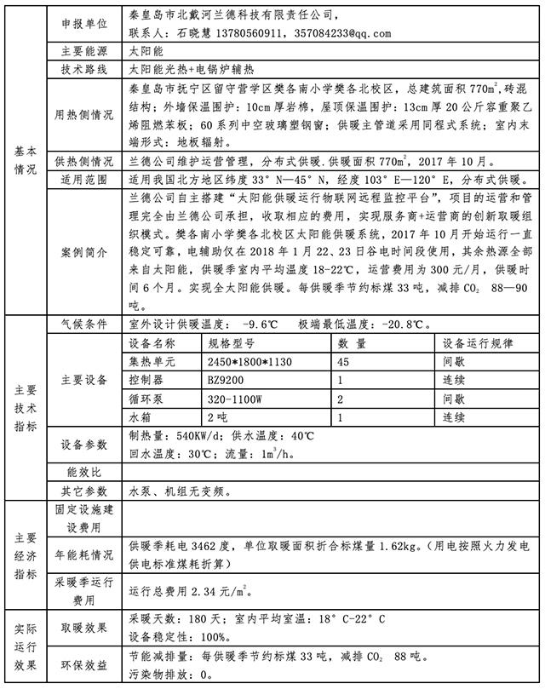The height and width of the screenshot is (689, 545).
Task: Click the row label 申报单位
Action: click(x=83, y=17)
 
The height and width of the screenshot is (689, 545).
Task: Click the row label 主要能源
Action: click(x=83, y=52)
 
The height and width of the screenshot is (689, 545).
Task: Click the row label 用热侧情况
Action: click(x=83, y=115)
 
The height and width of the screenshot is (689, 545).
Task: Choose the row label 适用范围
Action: click(x=83, y=180)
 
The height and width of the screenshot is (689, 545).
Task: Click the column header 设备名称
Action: click(x=152, y=342)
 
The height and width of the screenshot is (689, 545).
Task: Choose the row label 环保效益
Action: click(x=83, y=665)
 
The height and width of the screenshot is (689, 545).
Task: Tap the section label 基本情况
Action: click(x=26, y=158)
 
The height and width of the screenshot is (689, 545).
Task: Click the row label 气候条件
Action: click(x=83, y=324)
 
